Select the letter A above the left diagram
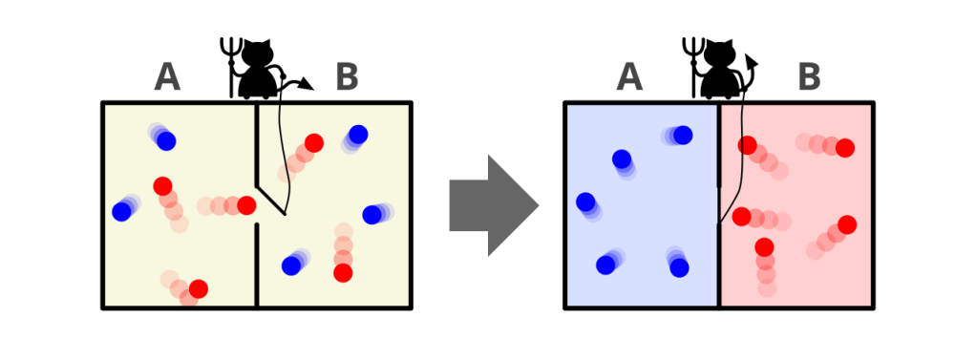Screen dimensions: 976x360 pos(167,78)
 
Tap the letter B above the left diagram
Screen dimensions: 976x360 pos(347,78)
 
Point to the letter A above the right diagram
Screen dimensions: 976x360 pos(629,78)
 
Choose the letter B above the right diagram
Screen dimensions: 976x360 pos(809,78)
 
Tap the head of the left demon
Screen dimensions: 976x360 pos(257,53)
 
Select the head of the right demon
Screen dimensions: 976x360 pos(719,53)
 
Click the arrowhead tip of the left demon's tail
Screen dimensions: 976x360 pos(313,90)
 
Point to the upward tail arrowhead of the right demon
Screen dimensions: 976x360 pos(751,55)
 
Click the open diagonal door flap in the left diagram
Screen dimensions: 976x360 pos(270,200)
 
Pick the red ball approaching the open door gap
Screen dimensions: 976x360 pos(246,205)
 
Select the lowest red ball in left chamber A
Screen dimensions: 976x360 pos(199,289)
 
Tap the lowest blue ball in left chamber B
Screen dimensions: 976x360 pos(291,266)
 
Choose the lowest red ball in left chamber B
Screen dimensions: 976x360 pos(343,273)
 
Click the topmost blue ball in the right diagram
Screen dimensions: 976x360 pos(683,135)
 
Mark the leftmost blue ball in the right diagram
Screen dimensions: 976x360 pos(585,201)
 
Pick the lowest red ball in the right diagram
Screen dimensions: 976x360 pos(764,247)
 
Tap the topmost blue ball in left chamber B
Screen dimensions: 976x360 pos(358,134)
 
